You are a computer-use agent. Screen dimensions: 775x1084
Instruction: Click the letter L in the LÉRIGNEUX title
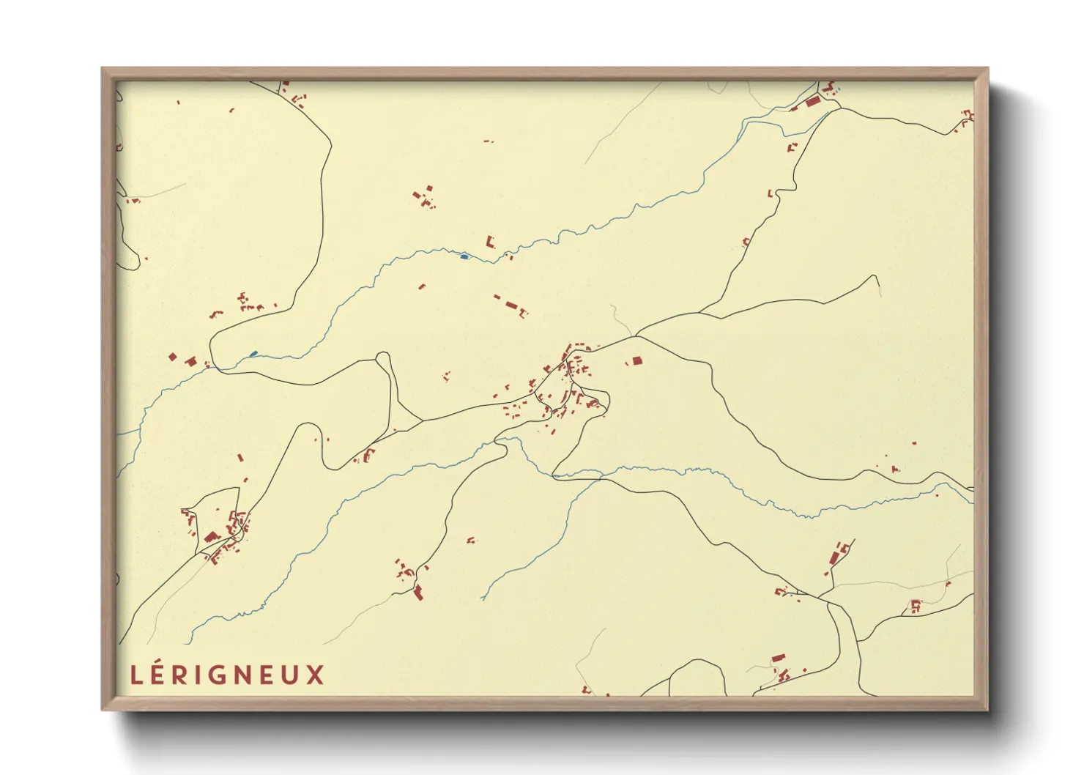[135, 675]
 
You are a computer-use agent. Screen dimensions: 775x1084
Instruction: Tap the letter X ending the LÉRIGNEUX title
[316, 675]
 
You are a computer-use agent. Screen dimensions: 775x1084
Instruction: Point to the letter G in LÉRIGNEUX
[223, 675]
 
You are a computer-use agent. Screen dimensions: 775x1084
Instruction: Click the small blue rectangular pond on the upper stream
[464, 256]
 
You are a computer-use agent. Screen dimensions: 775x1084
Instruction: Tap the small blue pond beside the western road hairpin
[253, 354]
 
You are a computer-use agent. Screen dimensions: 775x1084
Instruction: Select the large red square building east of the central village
[636, 360]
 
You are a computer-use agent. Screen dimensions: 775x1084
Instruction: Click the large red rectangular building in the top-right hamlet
[812, 102]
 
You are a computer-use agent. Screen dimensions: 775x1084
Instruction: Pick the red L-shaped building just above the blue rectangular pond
[490, 241]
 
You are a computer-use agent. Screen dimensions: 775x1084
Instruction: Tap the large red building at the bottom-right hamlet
[778, 659]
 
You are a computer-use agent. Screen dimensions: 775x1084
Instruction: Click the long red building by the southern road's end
[418, 592]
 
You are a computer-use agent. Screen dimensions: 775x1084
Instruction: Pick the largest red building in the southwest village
[212, 537]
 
